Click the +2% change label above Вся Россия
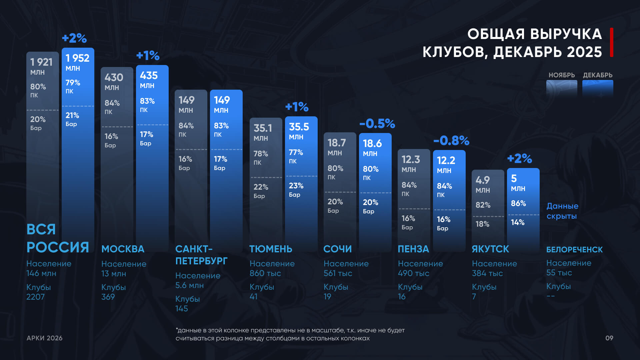(x=74, y=38)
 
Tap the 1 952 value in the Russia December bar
(x=77, y=58)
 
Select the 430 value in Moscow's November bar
(x=114, y=78)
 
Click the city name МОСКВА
(x=123, y=249)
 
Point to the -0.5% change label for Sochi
(x=377, y=124)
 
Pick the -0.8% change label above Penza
(x=451, y=141)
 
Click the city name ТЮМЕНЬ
(x=271, y=249)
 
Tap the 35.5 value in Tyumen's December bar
(x=299, y=127)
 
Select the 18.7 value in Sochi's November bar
(x=336, y=143)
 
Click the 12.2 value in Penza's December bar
(x=446, y=161)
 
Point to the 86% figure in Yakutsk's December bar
(x=518, y=203)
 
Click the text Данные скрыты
(x=562, y=211)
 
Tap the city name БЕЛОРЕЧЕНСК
(x=574, y=250)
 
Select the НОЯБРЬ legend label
(x=562, y=75)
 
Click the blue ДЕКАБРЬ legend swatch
(x=598, y=88)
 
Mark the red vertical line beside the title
(x=612, y=42)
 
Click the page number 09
(x=609, y=338)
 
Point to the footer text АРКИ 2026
(x=44, y=338)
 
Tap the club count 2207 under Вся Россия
(x=35, y=297)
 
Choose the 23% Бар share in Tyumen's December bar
(x=296, y=186)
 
